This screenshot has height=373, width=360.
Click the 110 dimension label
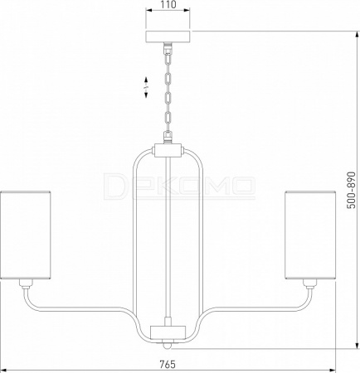[168, 5]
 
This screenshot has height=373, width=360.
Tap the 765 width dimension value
[168, 364]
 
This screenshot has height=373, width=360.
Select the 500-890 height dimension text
[352, 190]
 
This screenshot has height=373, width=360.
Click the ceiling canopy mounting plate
[168, 36]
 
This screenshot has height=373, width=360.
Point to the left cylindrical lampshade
[26, 235]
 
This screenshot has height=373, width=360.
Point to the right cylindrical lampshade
[310, 235]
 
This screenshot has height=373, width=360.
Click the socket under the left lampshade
[26, 283]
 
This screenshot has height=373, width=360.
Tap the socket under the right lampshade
[309, 283]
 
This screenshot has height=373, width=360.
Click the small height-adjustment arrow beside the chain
[146, 87]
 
